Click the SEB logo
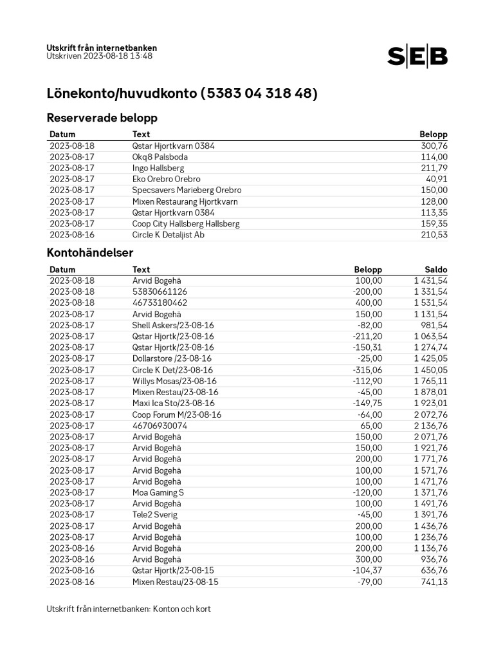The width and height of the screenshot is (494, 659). [417, 57]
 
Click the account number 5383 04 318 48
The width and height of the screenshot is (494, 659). [259, 93]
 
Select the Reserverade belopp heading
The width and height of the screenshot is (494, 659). [102, 118]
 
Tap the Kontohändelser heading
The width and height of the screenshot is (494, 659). [90, 253]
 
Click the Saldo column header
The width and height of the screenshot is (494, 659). [435, 270]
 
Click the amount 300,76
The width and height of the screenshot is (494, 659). [434, 146]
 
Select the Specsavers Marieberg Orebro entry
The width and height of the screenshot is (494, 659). [187, 190]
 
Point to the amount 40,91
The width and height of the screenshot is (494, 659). [437, 180]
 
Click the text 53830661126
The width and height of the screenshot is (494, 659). [160, 292]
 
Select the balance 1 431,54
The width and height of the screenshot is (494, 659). [431, 281]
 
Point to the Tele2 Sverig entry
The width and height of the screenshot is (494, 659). [154, 515]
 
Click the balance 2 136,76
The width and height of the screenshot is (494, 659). [430, 425]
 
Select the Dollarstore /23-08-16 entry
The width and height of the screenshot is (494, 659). [172, 358]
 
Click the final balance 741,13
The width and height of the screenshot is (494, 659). [434, 582]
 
